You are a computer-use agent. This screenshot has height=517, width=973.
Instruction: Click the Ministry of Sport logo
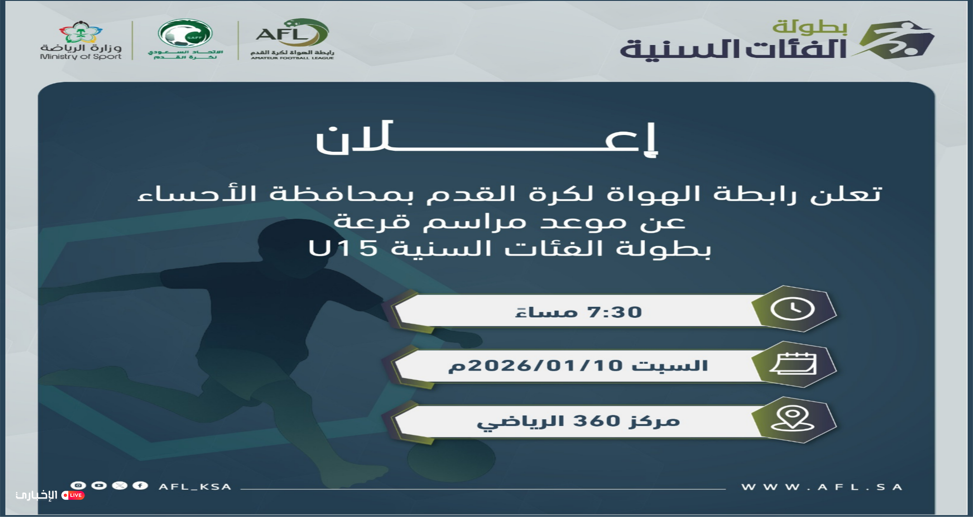pos(80,41)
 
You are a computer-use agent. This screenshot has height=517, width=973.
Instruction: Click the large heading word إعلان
pos(487,139)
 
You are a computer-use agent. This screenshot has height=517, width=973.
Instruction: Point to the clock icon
pos(792,309)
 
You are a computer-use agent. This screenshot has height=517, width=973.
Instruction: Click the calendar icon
pos(793,364)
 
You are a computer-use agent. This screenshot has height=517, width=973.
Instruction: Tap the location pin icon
pos(793,419)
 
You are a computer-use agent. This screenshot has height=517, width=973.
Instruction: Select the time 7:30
pos(615,312)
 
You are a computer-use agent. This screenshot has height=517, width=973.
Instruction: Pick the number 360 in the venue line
pos(597,421)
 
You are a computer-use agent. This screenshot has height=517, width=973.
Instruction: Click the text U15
pos(343,248)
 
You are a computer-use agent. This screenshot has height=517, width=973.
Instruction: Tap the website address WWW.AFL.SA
pos(822,487)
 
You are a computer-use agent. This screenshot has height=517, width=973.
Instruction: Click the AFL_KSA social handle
pos(195,487)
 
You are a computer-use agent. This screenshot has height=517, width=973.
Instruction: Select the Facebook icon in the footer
pos(140,485)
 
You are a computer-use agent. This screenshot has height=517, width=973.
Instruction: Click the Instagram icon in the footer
pos(78,485)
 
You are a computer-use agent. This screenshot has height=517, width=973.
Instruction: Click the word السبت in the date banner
pos(670,366)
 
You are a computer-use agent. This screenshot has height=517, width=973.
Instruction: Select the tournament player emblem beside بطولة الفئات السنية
pos(894,40)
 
